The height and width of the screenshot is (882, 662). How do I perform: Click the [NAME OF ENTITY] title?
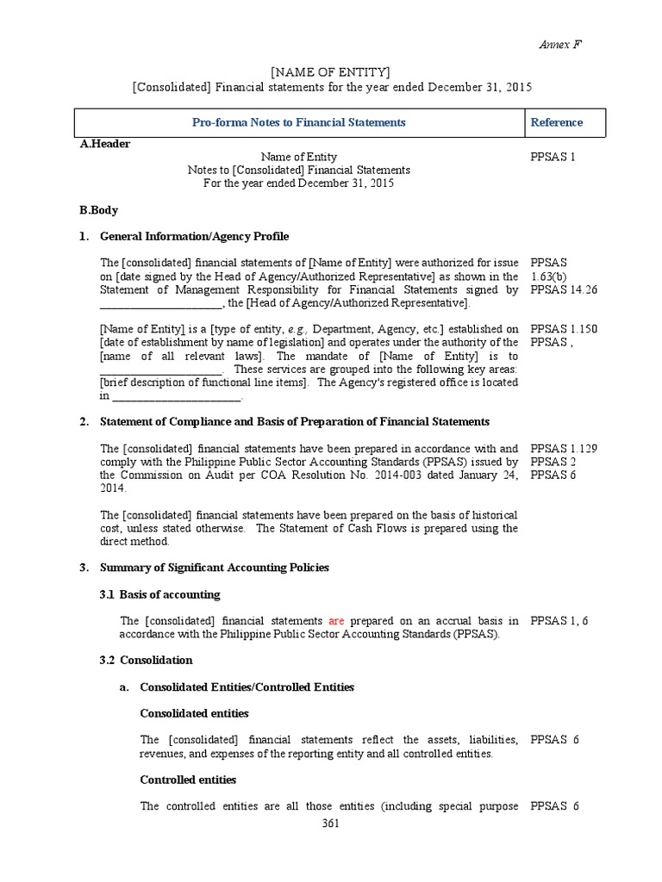(330, 71)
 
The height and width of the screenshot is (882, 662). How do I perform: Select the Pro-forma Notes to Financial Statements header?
(298, 122)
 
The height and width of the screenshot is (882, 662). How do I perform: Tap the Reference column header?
(556, 122)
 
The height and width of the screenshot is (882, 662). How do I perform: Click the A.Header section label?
(105, 144)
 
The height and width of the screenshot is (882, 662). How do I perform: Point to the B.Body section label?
(99, 209)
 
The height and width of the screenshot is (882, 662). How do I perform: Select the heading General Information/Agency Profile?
(195, 236)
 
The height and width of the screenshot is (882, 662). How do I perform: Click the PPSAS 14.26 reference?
(563, 289)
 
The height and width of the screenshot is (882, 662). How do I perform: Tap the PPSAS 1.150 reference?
(565, 329)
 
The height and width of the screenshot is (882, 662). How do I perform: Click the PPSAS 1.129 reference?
(565, 449)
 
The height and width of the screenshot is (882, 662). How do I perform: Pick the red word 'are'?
(336, 620)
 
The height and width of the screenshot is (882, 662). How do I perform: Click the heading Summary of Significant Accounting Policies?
(215, 568)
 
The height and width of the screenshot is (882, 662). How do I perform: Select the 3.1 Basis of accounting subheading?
(159, 594)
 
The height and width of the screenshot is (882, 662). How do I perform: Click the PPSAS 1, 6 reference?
(559, 620)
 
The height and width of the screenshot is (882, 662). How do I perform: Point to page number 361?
(330, 823)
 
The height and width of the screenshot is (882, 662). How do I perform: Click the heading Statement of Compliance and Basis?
(295, 421)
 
